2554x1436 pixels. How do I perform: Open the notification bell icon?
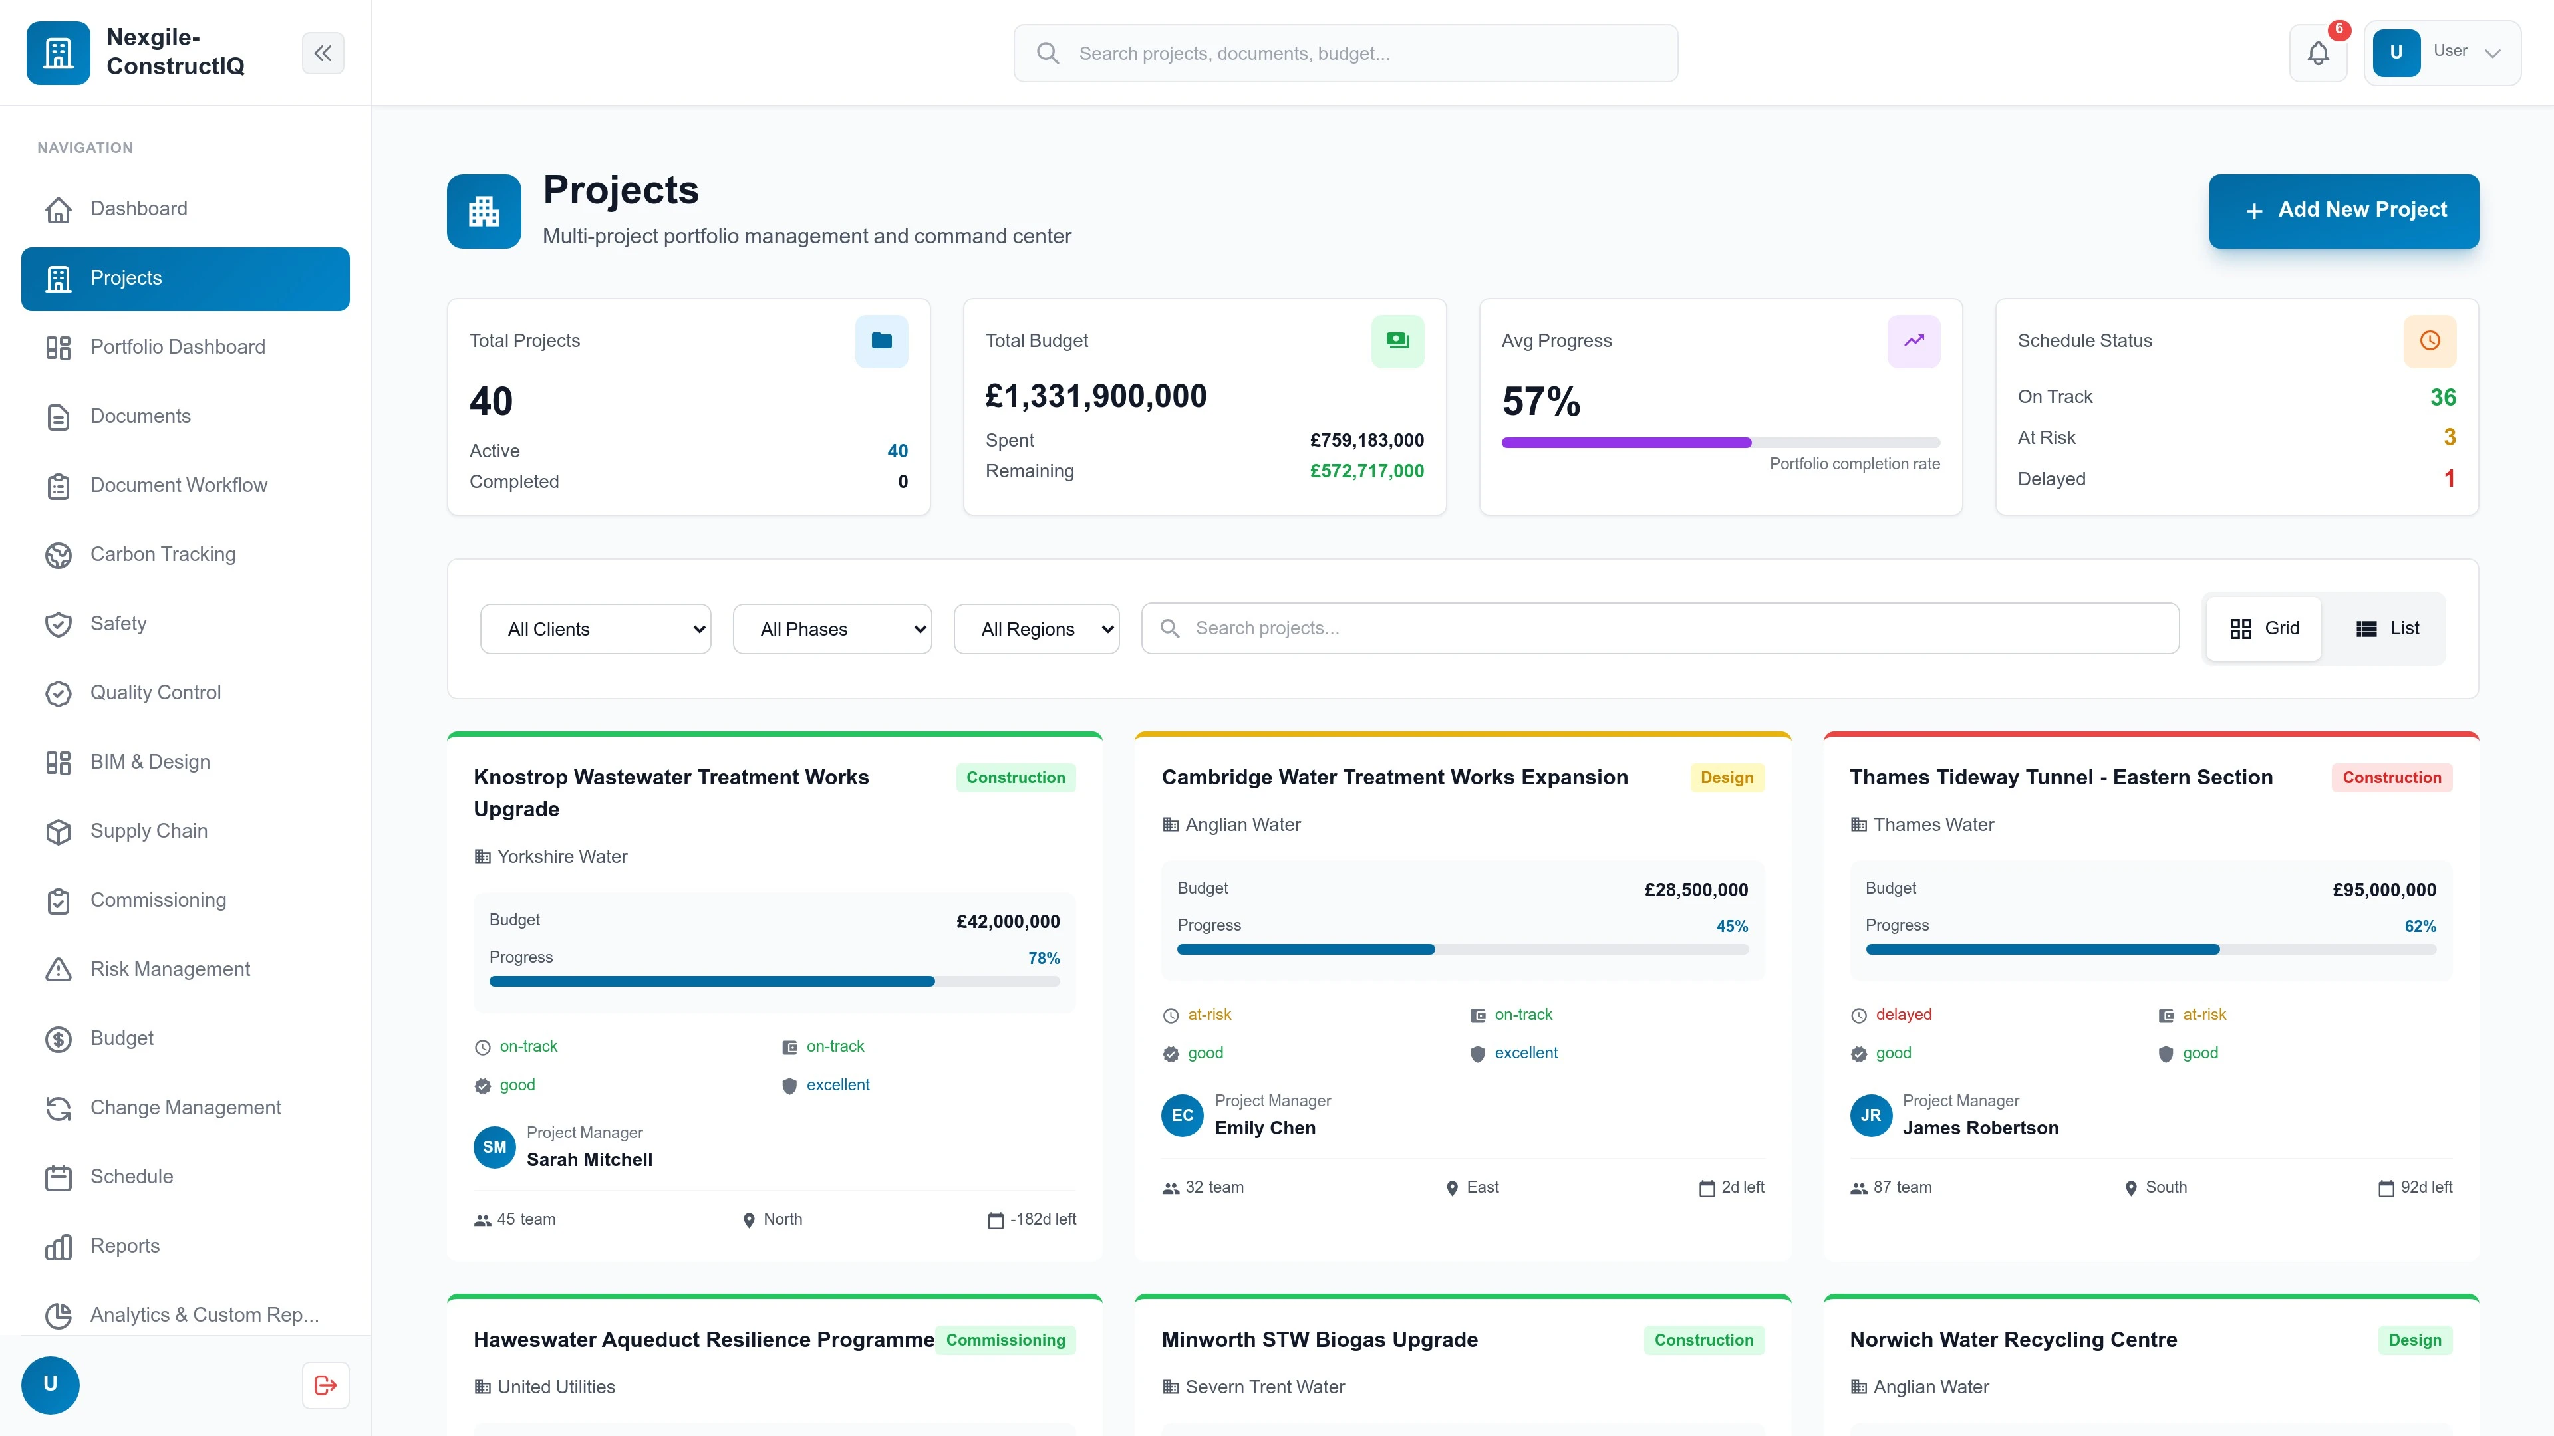(x=2317, y=53)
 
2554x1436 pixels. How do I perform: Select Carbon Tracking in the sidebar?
(x=162, y=554)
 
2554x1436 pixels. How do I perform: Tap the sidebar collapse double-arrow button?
(x=323, y=53)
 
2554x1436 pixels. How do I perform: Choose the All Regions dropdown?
(x=1036, y=628)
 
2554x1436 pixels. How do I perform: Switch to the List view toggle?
(x=2388, y=628)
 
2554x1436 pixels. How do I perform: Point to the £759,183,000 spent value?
(x=1366, y=440)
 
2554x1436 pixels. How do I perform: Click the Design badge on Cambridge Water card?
(x=1726, y=777)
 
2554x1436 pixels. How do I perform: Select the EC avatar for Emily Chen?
(x=1182, y=1115)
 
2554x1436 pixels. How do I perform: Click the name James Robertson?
(x=1980, y=1128)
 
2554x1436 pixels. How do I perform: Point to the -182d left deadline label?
(x=1042, y=1219)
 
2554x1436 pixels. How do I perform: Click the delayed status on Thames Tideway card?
(x=1903, y=1014)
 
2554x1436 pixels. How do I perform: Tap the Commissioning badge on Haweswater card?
(x=1006, y=1340)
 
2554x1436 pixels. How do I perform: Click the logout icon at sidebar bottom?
(x=325, y=1384)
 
